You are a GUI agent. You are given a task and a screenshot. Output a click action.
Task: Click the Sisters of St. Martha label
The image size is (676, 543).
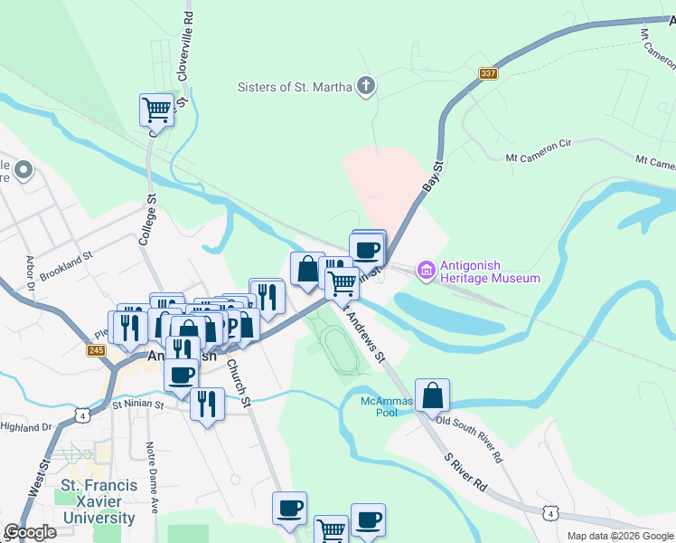coord(294,88)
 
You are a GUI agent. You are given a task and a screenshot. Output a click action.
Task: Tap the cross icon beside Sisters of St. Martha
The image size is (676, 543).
coord(365,87)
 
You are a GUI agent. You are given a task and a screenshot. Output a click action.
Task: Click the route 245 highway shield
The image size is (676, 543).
coord(97,350)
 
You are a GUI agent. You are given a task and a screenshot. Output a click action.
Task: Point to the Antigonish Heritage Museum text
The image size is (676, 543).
coord(490,271)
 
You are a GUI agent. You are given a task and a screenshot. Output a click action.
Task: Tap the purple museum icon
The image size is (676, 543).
coord(425,270)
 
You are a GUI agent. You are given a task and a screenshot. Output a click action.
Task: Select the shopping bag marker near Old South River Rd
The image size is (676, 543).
coord(432,395)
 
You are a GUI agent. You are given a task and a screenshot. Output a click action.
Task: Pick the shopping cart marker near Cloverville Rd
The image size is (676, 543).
coord(156,110)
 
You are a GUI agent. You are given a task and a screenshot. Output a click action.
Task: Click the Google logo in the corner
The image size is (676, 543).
coord(31,532)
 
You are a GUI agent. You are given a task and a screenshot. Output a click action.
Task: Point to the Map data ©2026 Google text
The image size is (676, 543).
coord(620,536)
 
